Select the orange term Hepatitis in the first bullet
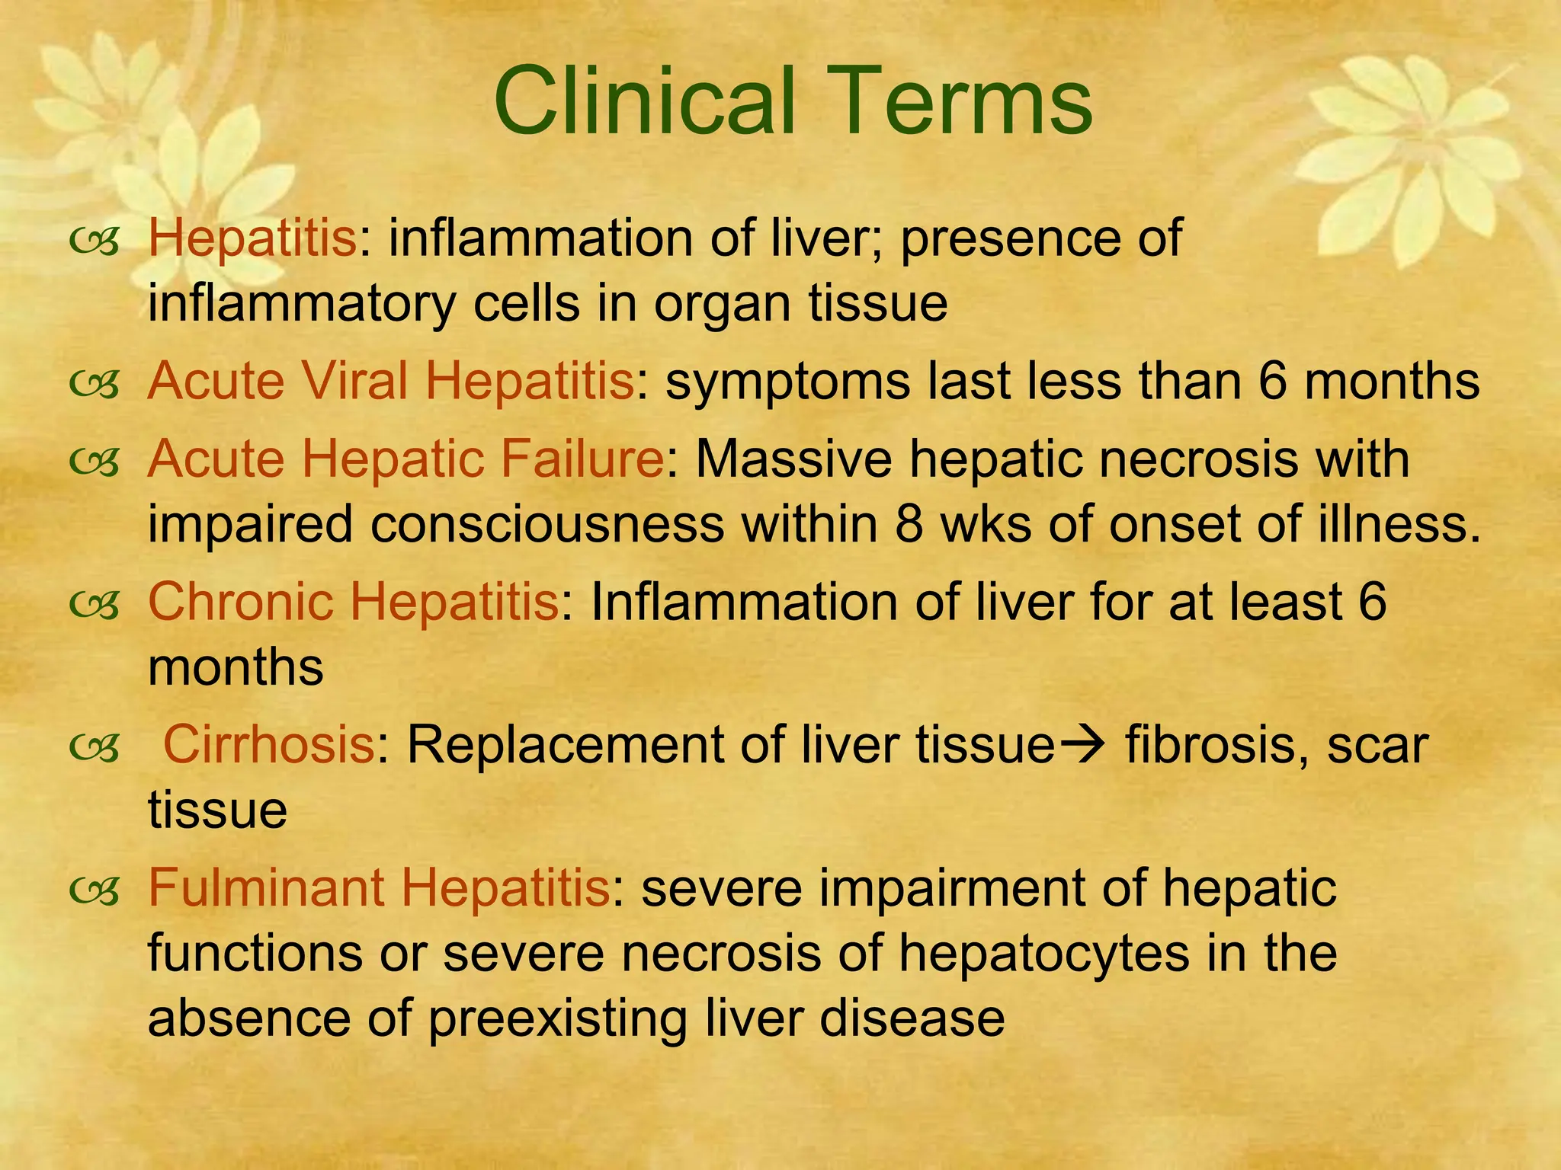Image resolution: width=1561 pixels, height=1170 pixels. pos(252,238)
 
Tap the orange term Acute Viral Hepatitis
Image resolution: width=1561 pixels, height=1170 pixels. pos(391,381)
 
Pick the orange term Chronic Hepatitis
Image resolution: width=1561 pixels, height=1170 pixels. pos(354,602)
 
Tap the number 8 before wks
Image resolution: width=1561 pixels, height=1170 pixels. pos(909,526)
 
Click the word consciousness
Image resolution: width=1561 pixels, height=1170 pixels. pos(547,526)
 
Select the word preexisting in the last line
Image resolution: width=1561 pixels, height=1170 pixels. pos(557,1020)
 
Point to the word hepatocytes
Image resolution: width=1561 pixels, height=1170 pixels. pos(1043,953)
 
